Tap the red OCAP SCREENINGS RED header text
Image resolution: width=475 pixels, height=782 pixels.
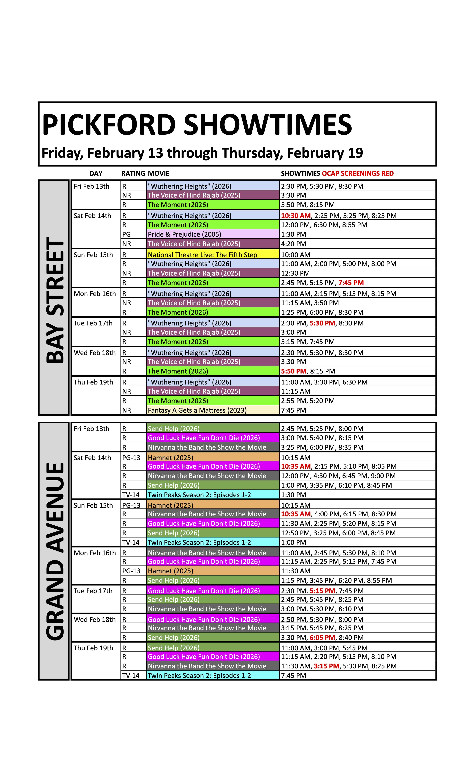tap(357, 174)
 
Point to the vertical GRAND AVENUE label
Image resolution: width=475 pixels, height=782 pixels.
tap(55, 551)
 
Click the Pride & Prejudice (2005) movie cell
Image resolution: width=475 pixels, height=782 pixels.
tap(184, 234)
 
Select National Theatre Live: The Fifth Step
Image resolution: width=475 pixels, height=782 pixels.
tap(202, 255)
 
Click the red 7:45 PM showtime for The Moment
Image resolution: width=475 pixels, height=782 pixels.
tap(351, 282)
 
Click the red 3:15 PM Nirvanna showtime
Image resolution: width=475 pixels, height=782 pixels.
tap(326, 666)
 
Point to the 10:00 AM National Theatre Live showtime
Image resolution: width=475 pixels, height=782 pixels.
tap(296, 255)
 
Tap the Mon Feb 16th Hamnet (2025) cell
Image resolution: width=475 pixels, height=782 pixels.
tap(170, 571)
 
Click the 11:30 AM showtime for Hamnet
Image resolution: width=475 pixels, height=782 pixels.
tap(296, 571)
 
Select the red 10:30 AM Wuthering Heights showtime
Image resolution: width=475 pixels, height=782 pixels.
tap(296, 215)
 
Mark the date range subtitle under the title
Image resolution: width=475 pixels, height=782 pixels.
tap(202, 153)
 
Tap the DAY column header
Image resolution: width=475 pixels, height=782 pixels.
tap(96, 174)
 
